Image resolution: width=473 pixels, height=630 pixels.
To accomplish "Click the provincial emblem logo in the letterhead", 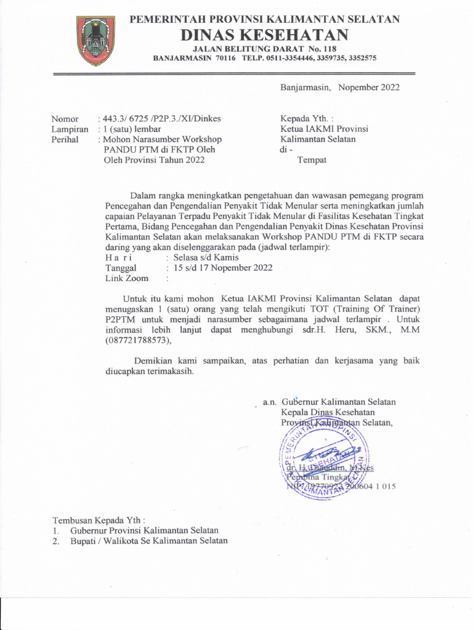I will pos(95,41).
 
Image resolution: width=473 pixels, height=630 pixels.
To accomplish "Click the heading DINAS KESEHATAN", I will pos(264,34).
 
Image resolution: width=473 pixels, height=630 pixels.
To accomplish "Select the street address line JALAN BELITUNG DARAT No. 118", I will pos(265,49).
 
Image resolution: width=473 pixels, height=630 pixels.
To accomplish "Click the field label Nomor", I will pos(65,119).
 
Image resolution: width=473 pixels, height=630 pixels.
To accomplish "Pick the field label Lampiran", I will pos(70,129).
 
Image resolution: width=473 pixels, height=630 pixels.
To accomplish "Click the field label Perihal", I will pos(65,140).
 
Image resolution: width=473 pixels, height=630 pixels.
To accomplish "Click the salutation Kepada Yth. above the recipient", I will pos(307,118).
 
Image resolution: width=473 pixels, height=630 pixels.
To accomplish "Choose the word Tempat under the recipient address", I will pos(312,160).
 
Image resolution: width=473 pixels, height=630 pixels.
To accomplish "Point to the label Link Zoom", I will pos(127,279).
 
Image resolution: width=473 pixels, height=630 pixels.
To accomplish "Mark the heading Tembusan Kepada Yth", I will pos(99,520).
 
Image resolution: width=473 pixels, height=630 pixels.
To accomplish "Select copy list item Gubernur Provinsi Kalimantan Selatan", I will pos(144,530).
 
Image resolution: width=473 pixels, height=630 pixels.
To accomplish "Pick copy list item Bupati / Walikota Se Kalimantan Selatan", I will pos(148,541).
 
